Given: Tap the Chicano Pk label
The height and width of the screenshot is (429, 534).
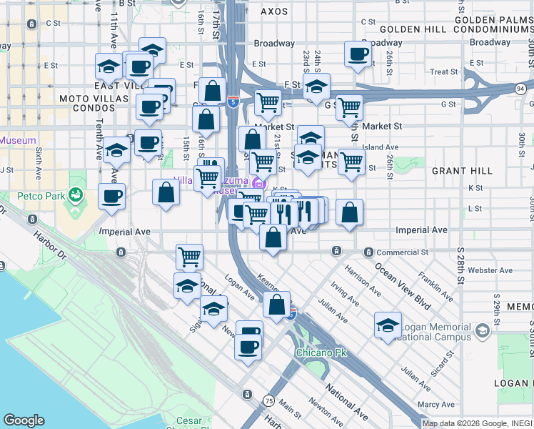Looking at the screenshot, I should pyautogui.click(x=316, y=352).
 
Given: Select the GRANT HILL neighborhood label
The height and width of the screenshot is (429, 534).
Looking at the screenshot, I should pyautogui.click(x=461, y=172).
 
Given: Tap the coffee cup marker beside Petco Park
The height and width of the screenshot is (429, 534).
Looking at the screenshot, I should pyautogui.click(x=111, y=195).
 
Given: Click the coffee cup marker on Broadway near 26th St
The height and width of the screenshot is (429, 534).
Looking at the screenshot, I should pyautogui.click(x=358, y=53).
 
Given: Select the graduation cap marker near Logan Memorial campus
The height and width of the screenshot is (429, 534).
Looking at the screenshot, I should pyautogui.click(x=388, y=325).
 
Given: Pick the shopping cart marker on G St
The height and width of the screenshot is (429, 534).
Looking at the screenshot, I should pyautogui.click(x=349, y=107).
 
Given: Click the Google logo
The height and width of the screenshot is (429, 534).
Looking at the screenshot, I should pyautogui.click(x=24, y=420).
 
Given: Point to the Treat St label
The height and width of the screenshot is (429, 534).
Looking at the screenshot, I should pyautogui.click(x=444, y=72).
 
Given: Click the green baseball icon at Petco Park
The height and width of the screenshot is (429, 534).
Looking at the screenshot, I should pyautogui.click(x=74, y=194).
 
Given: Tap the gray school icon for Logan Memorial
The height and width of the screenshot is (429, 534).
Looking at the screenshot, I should pyautogui.click(x=483, y=330).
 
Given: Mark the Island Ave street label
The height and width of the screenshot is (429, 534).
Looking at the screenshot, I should pyautogui.click(x=380, y=147).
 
